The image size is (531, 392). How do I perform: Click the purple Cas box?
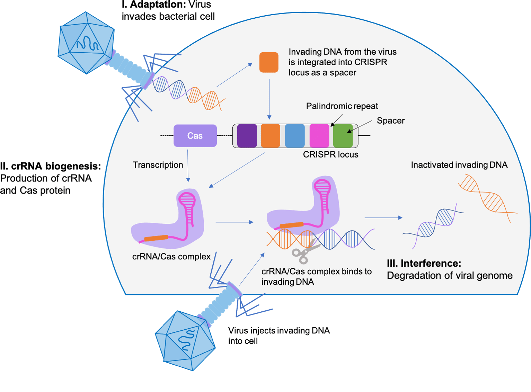tap(195, 136)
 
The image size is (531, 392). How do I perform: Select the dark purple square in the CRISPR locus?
tap(247, 136)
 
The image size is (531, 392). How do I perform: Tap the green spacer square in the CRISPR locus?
tap(343, 136)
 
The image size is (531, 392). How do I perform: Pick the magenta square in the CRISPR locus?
tap(319, 136)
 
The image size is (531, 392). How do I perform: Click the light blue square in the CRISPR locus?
tap(295, 136)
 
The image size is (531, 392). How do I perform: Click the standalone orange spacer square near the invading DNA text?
tap(269, 62)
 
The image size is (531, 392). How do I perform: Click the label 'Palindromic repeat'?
tap(342, 106)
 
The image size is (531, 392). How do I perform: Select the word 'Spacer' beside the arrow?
tap(390, 121)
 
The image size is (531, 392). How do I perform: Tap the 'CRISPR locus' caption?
tap(330, 155)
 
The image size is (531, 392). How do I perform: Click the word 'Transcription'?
tap(158, 165)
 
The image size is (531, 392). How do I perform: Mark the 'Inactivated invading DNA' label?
tap(459, 165)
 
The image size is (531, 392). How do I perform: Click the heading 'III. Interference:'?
tap(424, 264)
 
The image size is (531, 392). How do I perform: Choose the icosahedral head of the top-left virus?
tap(86, 43)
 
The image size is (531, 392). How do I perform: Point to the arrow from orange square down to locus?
tap(269, 99)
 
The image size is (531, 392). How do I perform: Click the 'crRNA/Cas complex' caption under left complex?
tap(171, 257)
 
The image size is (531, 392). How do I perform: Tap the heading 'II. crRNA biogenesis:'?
tap(51, 167)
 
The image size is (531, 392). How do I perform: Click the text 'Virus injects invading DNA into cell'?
tap(278, 336)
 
